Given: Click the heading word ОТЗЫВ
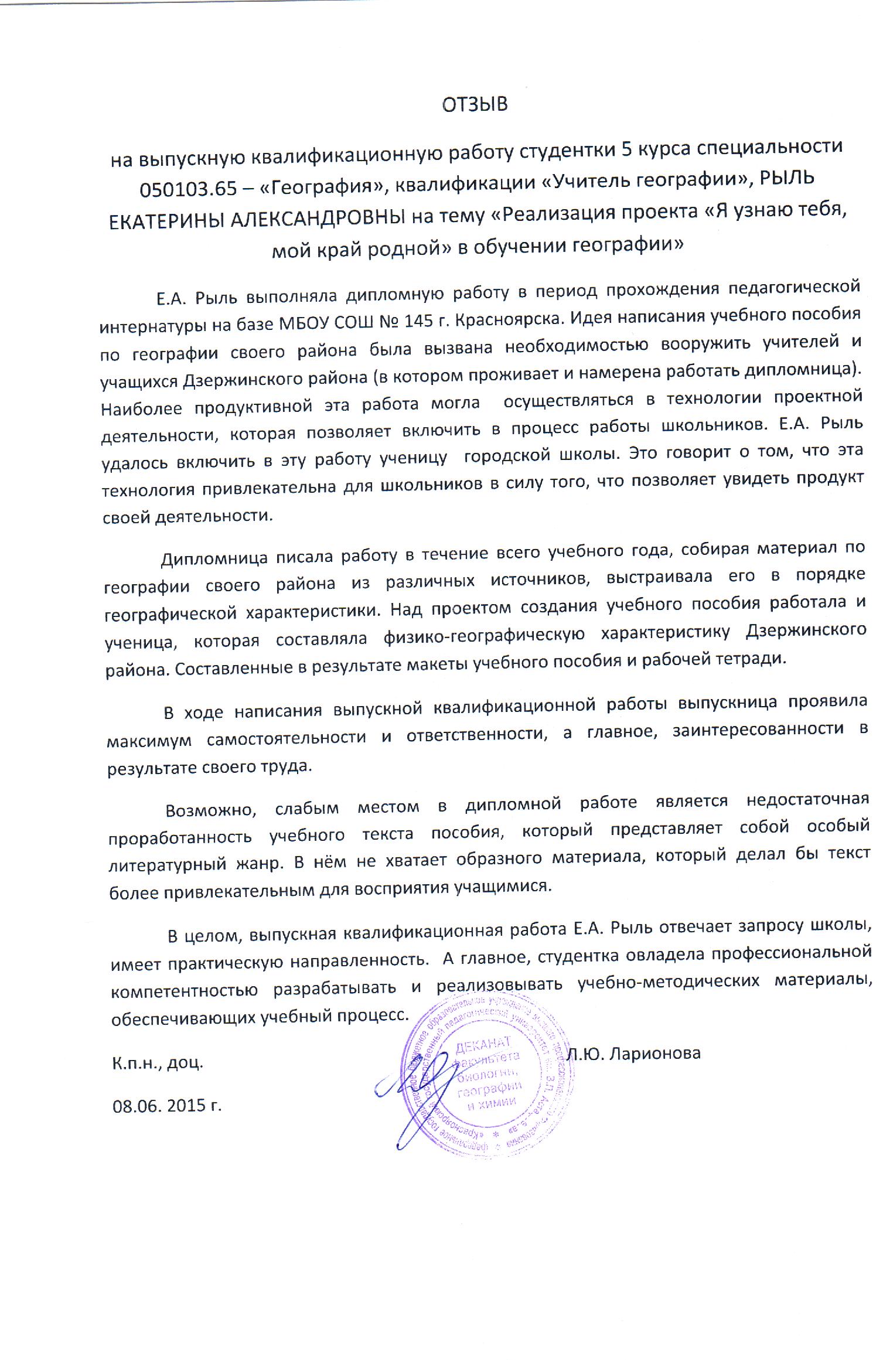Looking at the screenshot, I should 475,104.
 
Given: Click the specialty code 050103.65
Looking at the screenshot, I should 189,189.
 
